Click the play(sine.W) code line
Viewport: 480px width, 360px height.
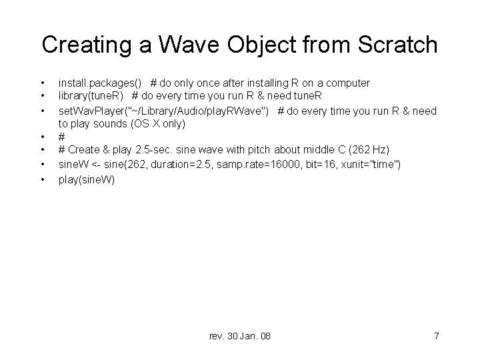tap(87, 179)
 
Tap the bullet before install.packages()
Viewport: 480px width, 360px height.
tap(42, 83)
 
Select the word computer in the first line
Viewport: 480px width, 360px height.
tap(346, 83)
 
